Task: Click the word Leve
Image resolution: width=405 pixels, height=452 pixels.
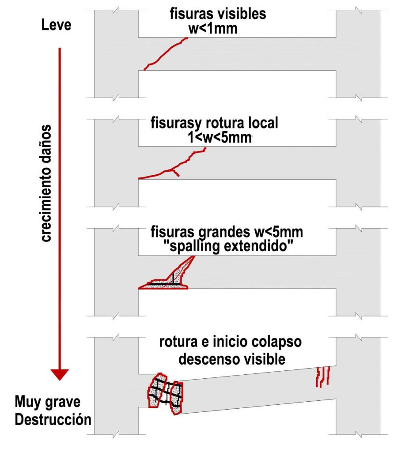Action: tap(56, 25)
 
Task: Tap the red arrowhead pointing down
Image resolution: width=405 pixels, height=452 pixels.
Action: tap(60, 374)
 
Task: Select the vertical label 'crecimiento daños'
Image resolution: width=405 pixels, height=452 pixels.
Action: tap(46, 183)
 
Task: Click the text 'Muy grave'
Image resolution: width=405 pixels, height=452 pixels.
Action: tap(47, 402)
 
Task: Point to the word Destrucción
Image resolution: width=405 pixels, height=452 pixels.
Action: tap(53, 419)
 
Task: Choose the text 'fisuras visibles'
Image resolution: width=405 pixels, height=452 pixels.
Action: tap(218, 14)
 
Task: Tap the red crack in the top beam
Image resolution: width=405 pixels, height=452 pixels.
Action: tap(166, 53)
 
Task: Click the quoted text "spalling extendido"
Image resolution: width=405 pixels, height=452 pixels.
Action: tap(228, 246)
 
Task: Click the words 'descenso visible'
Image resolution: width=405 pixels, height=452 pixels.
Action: tap(231, 359)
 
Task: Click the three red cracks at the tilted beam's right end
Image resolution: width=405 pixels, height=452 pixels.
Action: tap(323, 376)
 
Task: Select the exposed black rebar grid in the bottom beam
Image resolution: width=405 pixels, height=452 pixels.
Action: tap(166, 392)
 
